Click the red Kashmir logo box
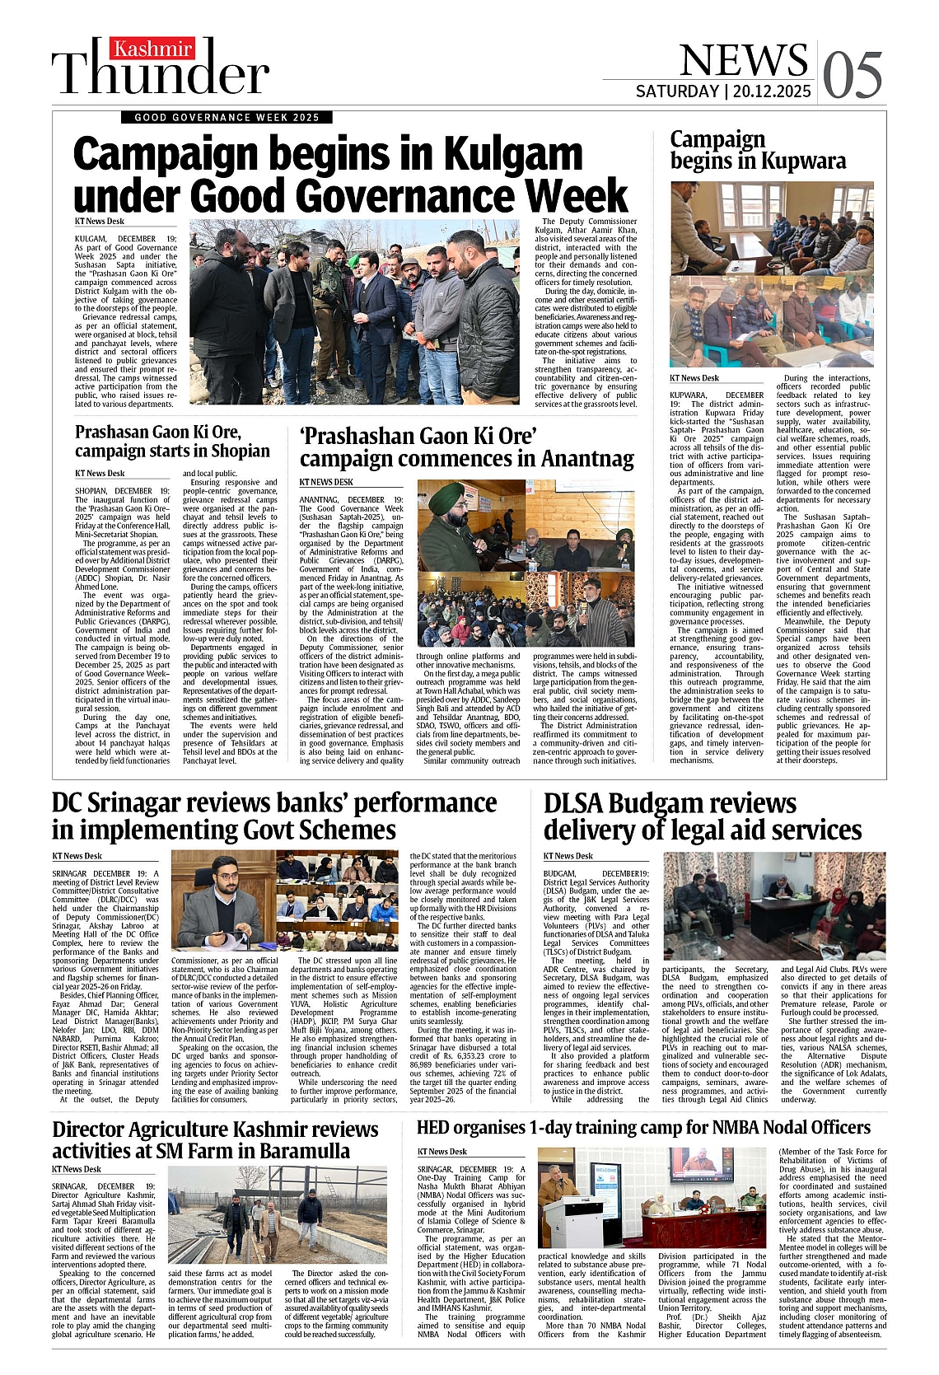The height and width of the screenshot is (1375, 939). coord(152,49)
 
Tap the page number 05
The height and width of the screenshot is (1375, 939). coord(853,73)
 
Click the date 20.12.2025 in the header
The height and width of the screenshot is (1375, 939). coord(769,91)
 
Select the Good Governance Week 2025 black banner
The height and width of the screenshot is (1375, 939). coord(227,117)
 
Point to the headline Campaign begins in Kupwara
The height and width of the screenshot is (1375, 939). coord(757,150)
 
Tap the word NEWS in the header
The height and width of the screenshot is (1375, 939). coord(743,60)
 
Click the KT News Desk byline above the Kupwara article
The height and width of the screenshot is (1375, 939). coord(694,378)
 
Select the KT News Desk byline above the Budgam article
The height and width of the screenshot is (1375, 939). coord(568,856)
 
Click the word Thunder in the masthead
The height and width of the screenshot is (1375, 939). coord(161,72)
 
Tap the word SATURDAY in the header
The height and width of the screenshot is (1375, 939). coord(677,91)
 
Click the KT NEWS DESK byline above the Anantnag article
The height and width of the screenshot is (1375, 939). coord(326,482)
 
